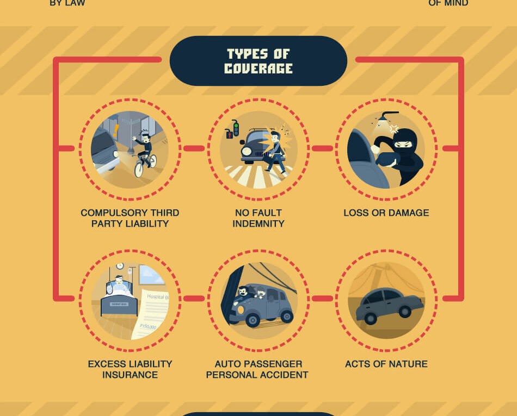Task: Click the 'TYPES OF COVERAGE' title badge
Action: tap(258, 61)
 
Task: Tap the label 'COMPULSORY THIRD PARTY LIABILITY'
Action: tap(130, 218)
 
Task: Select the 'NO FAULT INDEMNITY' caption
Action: tap(258, 218)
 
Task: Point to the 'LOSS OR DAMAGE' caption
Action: tap(386, 213)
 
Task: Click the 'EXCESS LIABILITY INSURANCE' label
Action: tap(130, 369)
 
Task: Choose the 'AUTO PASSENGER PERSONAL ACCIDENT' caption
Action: tap(257, 369)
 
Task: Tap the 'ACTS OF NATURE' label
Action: tap(386, 364)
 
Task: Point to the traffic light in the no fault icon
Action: tap(235, 129)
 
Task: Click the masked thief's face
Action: tap(403, 145)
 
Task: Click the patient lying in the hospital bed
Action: tap(119, 287)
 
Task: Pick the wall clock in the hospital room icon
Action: tap(119, 266)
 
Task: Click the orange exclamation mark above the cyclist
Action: tap(116, 131)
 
